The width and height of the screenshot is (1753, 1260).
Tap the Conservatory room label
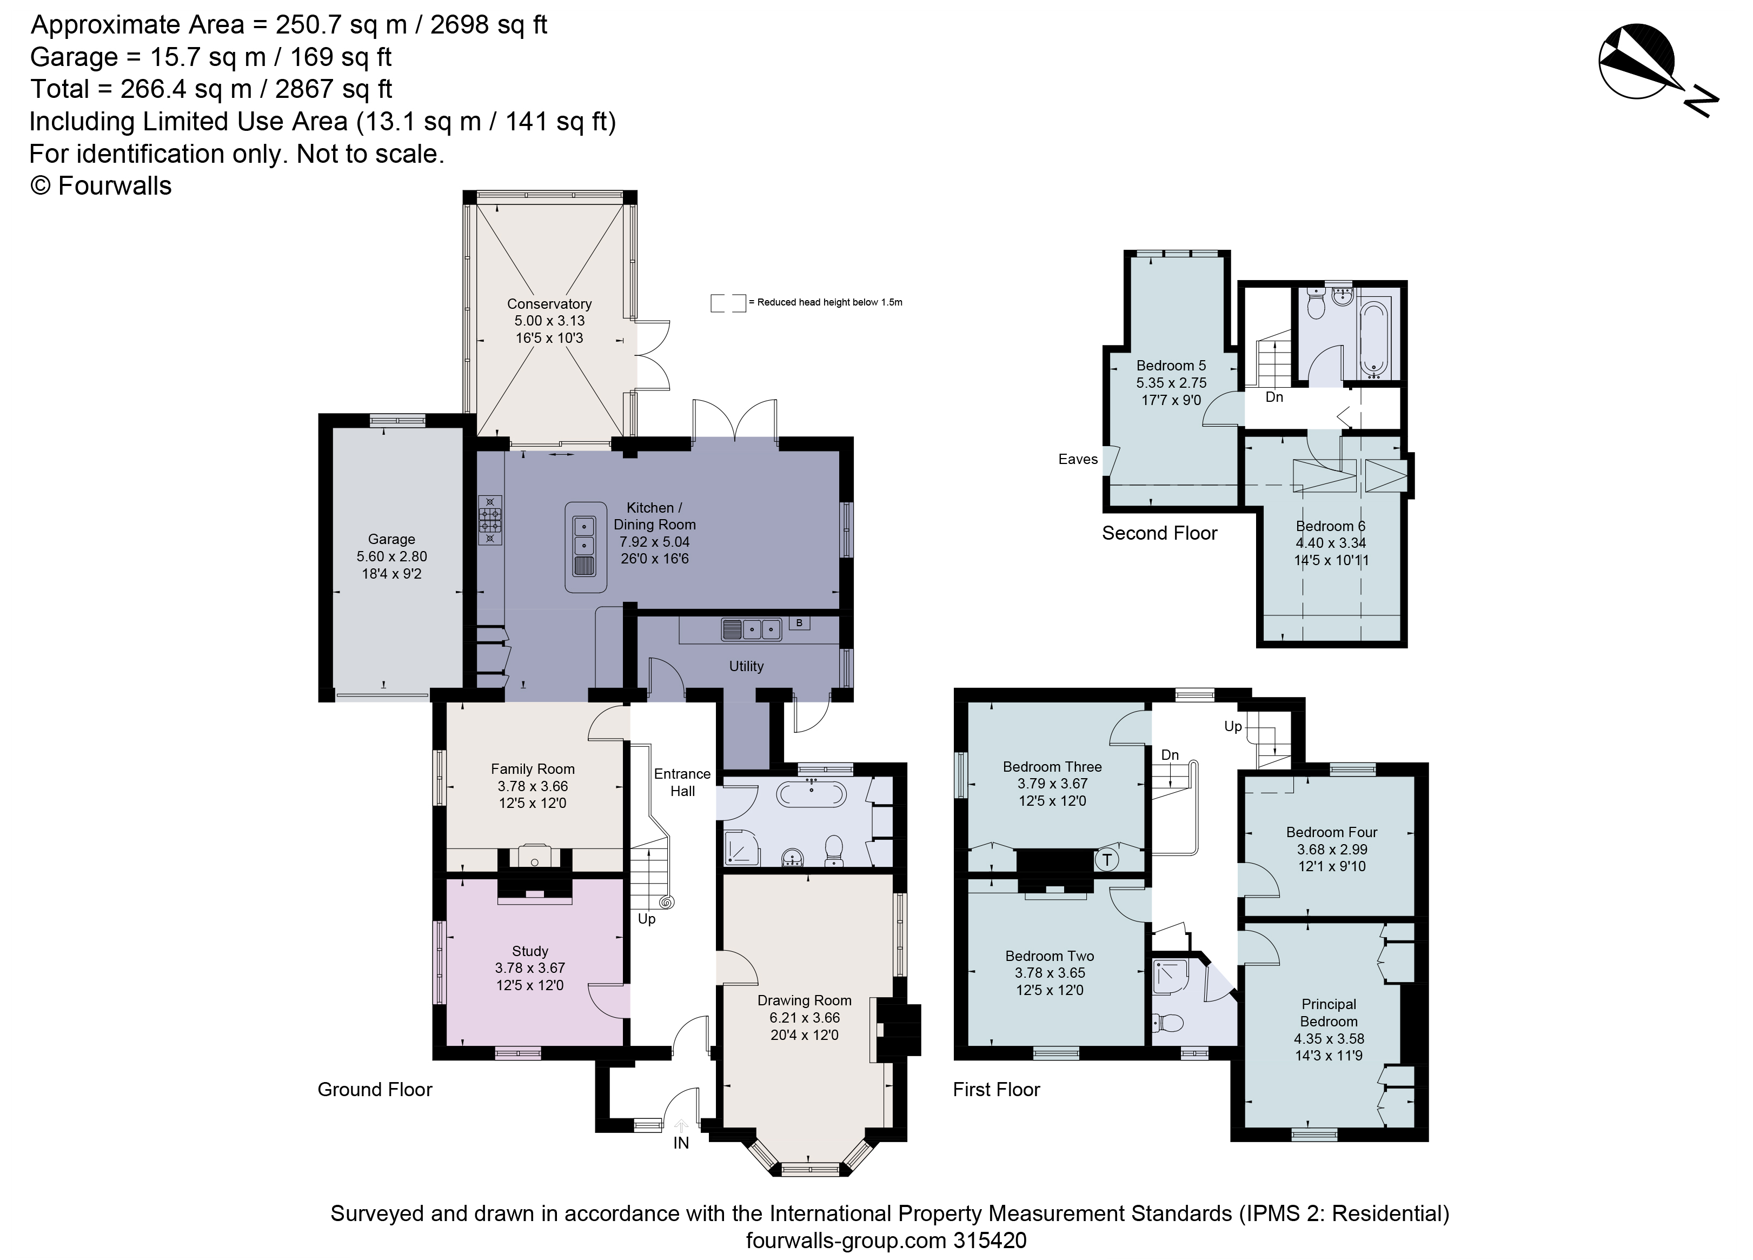click(x=549, y=304)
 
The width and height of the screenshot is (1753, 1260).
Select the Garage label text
click(x=391, y=539)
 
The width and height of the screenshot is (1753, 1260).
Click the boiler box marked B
click(x=799, y=623)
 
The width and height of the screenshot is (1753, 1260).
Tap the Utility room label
click(x=746, y=666)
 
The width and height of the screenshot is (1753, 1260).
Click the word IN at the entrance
click(x=680, y=1143)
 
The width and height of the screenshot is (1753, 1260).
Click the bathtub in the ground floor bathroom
click(x=812, y=794)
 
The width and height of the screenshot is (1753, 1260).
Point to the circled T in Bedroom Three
click(x=1107, y=859)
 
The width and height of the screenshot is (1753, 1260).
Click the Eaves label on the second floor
click(x=1078, y=459)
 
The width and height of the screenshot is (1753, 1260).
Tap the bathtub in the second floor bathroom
click(x=1373, y=340)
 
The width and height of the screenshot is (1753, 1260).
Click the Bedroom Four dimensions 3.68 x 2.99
click(x=1331, y=849)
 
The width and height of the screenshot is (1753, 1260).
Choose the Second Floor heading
click(x=1159, y=533)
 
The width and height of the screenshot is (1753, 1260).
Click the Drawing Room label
click(x=804, y=1000)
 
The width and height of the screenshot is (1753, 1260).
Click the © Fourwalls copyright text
click(x=101, y=185)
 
